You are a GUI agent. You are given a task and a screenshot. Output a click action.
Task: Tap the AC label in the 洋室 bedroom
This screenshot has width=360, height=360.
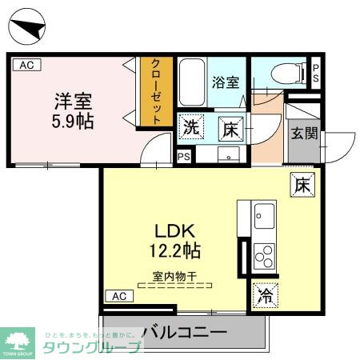pos(26,66)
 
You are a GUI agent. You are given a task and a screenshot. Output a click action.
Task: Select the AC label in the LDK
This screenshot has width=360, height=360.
pos(118,297)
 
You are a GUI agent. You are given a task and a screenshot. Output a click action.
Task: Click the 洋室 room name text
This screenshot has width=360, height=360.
pos(73,101)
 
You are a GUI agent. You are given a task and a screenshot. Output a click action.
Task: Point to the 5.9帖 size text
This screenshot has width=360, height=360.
pos(74,122)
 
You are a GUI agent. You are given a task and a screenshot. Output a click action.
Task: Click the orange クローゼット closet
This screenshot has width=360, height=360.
pos(156,90)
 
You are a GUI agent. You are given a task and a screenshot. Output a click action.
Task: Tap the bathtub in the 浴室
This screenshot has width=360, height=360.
pos(192,82)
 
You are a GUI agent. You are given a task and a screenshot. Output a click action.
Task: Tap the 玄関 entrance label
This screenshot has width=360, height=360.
pos(302,133)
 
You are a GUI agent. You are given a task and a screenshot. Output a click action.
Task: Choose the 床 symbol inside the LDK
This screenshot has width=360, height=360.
pos(302,184)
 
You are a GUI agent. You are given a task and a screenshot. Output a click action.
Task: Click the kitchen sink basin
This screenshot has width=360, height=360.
pos(264,215)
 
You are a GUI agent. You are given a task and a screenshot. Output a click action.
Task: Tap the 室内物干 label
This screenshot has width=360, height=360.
pos(176,276)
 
